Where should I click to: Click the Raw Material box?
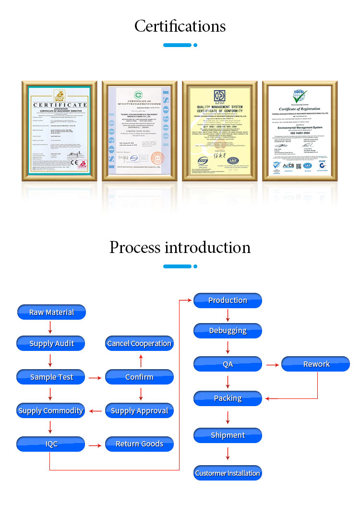51,313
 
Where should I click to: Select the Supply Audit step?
51,344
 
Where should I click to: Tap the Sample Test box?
51,377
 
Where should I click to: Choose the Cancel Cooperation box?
139,344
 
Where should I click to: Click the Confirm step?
139,377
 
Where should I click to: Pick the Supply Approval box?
139,411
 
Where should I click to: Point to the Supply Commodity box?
51,411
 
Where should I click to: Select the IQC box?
51,444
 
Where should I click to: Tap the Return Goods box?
139,444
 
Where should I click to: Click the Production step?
228,301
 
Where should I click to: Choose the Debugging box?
228,331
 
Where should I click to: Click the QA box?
228,364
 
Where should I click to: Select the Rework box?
316,364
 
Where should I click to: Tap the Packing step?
228,398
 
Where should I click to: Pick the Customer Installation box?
228,473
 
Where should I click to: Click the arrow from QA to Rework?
272,365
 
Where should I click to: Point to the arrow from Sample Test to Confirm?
96,378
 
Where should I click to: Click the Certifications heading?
180,26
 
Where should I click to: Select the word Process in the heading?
135,247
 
